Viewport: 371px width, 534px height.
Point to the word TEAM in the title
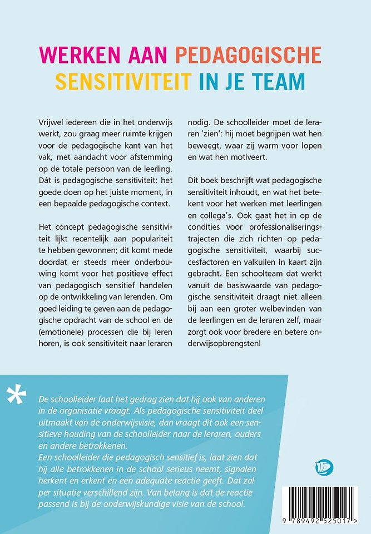279,81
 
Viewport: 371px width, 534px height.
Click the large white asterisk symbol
16,394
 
